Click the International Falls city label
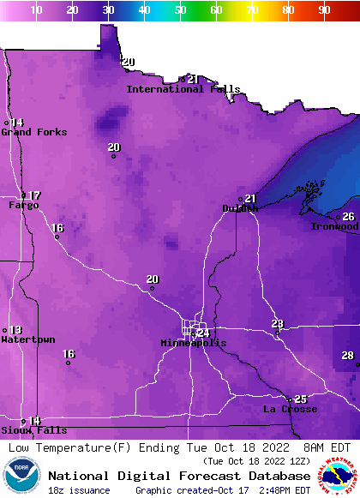(183, 89)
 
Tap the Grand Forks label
(28, 132)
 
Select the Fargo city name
(24, 206)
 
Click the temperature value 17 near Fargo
(34, 195)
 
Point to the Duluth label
(240, 208)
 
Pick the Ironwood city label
(334, 226)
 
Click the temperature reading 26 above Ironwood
(348, 217)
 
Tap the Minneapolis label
(194, 343)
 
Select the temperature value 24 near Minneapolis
(203, 333)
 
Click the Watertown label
(27, 340)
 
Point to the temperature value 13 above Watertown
(15, 330)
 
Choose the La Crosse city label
(290, 410)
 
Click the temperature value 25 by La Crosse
(300, 399)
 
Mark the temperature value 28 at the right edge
(347, 355)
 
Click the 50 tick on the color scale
(181, 10)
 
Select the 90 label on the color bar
(324, 10)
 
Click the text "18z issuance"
(79, 490)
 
